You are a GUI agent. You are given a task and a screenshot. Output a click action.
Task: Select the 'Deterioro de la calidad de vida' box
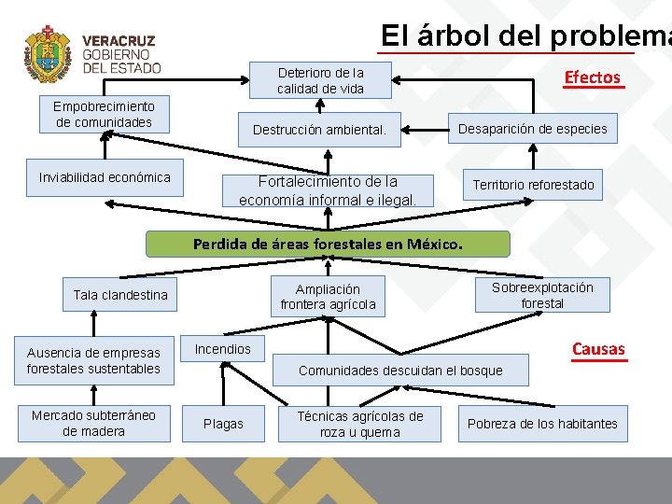tap(320, 80)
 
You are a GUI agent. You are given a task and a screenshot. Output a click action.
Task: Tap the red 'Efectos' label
tap(592, 77)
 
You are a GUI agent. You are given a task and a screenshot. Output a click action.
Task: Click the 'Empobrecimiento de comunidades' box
tap(104, 115)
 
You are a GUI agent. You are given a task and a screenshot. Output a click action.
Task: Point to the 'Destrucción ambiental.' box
tap(319, 130)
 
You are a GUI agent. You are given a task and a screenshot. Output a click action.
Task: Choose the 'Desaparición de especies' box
tap(533, 129)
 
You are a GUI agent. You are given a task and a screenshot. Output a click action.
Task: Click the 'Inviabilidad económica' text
tap(105, 177)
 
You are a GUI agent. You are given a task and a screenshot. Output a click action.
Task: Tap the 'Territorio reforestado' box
tap(533, 185)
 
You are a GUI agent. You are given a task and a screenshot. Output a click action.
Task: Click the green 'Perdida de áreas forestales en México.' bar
tap(329, 245)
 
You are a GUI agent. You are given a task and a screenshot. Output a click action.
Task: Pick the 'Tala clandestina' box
tap(120, 295)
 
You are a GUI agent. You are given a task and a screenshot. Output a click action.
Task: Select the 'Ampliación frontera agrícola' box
tap(328, 297)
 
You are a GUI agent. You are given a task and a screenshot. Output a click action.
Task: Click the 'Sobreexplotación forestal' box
tap(542, 295)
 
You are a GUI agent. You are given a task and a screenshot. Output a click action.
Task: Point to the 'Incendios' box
tap(223, 349)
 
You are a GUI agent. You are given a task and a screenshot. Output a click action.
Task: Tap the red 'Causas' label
tap(598, 350)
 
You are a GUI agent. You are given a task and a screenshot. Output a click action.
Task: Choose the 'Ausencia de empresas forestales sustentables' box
tap(93, 360)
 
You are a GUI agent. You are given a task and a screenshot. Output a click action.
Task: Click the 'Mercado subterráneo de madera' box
tap(93, 423)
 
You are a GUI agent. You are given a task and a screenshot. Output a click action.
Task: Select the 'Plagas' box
tap(223, 424)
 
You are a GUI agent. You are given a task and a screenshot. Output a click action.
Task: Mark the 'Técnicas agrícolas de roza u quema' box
tap(360, 424)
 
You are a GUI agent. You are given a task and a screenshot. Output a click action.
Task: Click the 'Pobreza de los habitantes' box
tap(542, 424)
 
